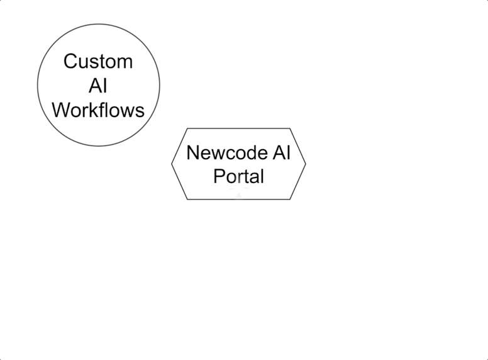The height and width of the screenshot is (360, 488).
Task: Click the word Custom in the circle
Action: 98,62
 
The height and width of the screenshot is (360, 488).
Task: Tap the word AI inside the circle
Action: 98,86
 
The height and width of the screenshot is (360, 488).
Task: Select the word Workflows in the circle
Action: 98,110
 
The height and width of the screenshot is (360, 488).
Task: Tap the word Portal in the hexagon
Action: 238,176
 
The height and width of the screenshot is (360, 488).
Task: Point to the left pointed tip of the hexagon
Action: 172,164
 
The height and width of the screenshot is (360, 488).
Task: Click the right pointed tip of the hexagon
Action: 306,164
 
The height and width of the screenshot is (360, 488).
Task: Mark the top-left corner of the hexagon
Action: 187,128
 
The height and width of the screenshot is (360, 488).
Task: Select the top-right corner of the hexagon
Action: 290,128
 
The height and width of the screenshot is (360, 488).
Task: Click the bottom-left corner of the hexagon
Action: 187,199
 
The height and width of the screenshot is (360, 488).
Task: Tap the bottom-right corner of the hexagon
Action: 290,199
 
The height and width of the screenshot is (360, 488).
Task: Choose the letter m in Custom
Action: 125,62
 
